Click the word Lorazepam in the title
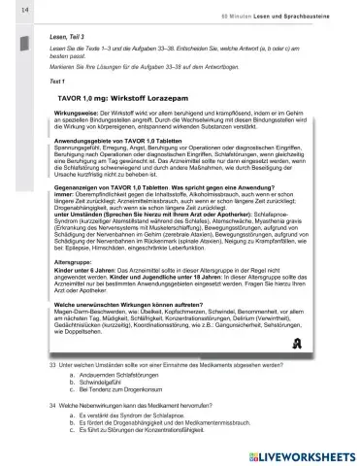[x=195, y=98]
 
